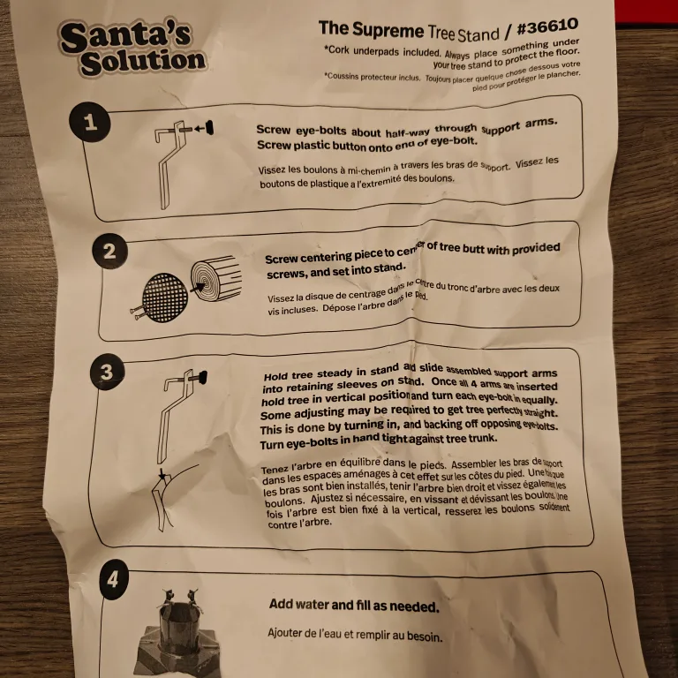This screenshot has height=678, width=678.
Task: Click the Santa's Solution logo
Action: pos(132,48)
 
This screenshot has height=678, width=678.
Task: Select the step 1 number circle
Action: pos(91,122)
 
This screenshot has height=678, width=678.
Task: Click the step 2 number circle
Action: pos(109,252)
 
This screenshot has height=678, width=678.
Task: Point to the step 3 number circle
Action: pos(107,372)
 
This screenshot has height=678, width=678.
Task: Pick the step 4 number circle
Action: pos(117,581)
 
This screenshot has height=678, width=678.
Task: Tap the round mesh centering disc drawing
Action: pos(164,296)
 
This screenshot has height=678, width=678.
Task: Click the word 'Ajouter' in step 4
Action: pos(290,633)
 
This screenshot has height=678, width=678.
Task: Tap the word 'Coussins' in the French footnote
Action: pos(350,76)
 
